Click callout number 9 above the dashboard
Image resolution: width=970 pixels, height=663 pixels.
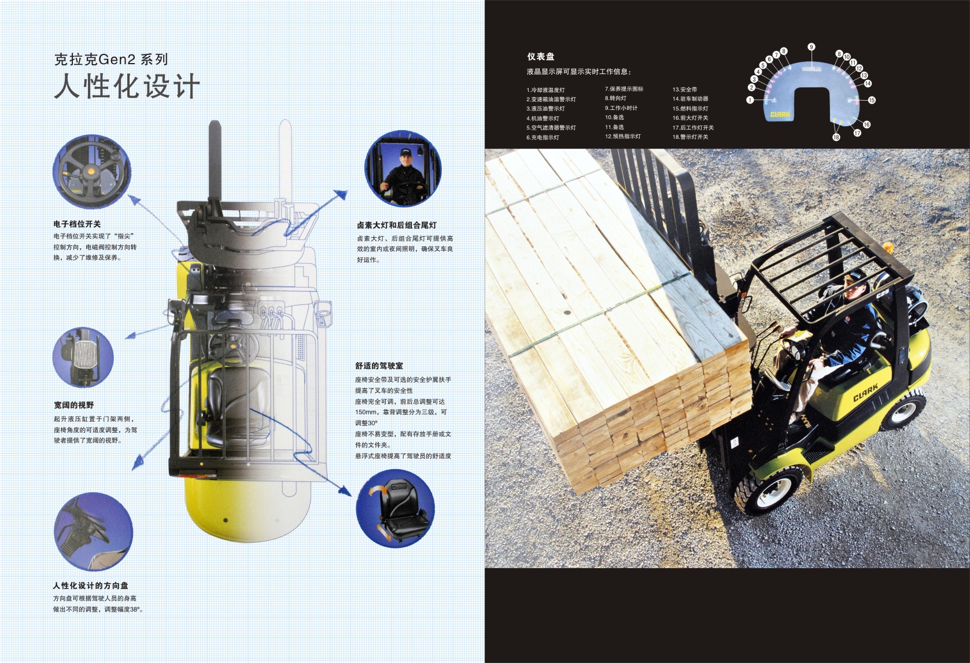[811, 47]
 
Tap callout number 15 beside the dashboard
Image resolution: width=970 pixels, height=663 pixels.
[871, 100]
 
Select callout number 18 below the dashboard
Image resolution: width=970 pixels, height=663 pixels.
[836, 137]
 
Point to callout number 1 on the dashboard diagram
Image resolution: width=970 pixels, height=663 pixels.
[750, 100]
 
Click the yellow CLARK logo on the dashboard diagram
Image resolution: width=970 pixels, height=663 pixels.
[780, 115]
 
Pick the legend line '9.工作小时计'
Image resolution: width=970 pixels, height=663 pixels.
[621, 108]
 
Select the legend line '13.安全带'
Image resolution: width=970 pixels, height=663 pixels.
[685, 90]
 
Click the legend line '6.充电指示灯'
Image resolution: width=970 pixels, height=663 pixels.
[543, 137]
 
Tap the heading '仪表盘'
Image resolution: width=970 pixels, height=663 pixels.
[540, 56]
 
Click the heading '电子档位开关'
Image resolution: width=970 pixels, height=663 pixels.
[77, 224]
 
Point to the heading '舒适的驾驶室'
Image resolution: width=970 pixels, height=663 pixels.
[379, 366]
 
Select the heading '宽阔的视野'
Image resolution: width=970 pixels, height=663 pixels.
[73, 405]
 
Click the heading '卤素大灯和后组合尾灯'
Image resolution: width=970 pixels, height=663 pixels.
[397, 225]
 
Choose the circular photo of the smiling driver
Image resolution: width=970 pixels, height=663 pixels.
[403, 169]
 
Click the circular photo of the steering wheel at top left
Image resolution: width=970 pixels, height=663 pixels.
[91, 171]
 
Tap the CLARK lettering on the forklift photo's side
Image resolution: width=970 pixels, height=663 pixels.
[865, 392]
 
